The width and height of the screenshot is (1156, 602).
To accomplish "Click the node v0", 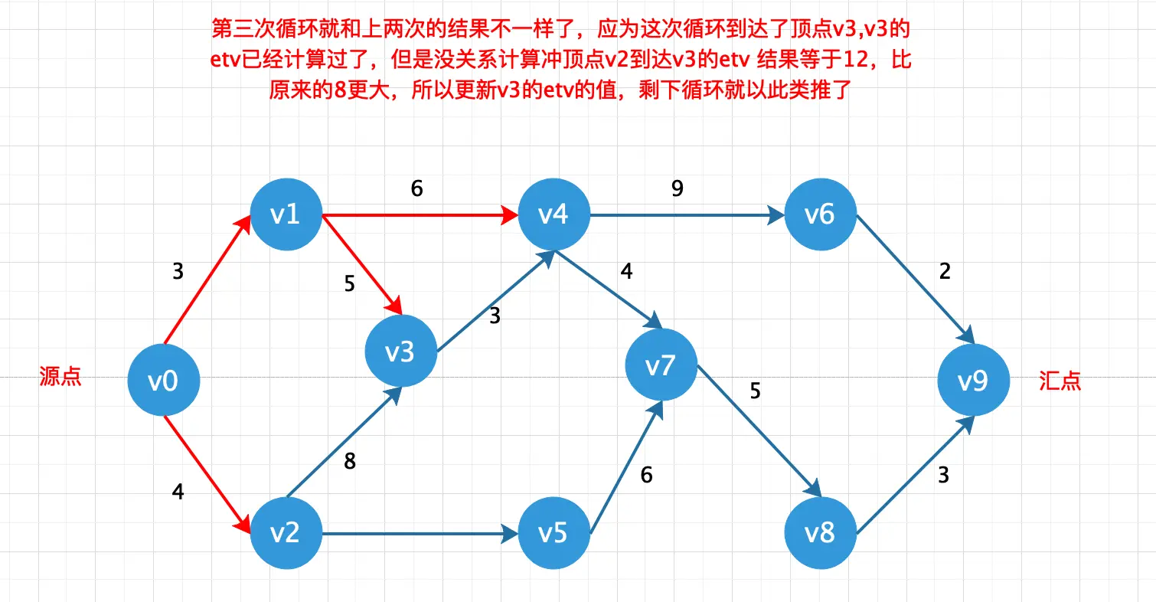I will pos(163,381).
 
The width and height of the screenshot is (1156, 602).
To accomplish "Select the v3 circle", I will pos(400,352).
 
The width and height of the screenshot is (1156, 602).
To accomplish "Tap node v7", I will pos(660,367).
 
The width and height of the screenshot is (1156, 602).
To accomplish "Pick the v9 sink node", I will pos(974,381).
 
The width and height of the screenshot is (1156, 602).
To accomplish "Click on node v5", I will pos(554,533).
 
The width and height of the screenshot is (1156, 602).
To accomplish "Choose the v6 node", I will pos(820,215).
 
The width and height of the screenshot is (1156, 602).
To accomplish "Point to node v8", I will pos(820,533).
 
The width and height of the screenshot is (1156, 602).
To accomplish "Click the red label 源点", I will pos(60,377).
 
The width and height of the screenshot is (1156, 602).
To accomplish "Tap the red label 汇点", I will pos(1060,381).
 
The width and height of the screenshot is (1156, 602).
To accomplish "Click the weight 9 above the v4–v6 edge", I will pos(677,188).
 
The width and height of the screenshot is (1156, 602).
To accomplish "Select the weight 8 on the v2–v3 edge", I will pos(351,461).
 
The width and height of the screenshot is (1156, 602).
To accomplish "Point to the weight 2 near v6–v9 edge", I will pos(945,272).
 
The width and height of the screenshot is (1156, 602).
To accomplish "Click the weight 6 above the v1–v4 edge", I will pos(416,188).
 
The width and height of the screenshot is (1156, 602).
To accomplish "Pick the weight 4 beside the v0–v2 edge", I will pos(178,492).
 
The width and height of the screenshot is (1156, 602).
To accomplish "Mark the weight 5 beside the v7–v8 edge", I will pos(756,391).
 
